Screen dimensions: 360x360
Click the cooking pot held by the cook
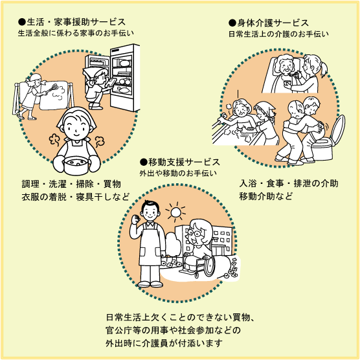pyautogui.click(x=76, y=165)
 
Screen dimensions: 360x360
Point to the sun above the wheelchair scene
pyautogui.click(x=176, y=212)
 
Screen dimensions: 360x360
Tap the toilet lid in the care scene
pyautogui.click(x=339, y=129)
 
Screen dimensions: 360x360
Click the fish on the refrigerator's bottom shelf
pyautogui.click(x=122, y=89)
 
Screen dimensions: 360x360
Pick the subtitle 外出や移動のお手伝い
pyautogui.click(x=178, y=174)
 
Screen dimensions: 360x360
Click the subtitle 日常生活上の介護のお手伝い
pyautogui.click(x=278, y=34)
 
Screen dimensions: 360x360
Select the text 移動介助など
pyautogui.click(x=266, y=197)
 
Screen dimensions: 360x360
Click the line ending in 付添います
pyautogui.click(x=164, y=343)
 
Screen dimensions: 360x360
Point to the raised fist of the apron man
pyautogui.click(x=136, y=219)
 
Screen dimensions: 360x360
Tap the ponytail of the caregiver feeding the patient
pyautogui.click(x=323, y=69)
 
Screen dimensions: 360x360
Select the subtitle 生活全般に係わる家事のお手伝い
pyautogui.click(x=76, y=34)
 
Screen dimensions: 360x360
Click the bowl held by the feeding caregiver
pyautogui.click(x=287, y=83)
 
